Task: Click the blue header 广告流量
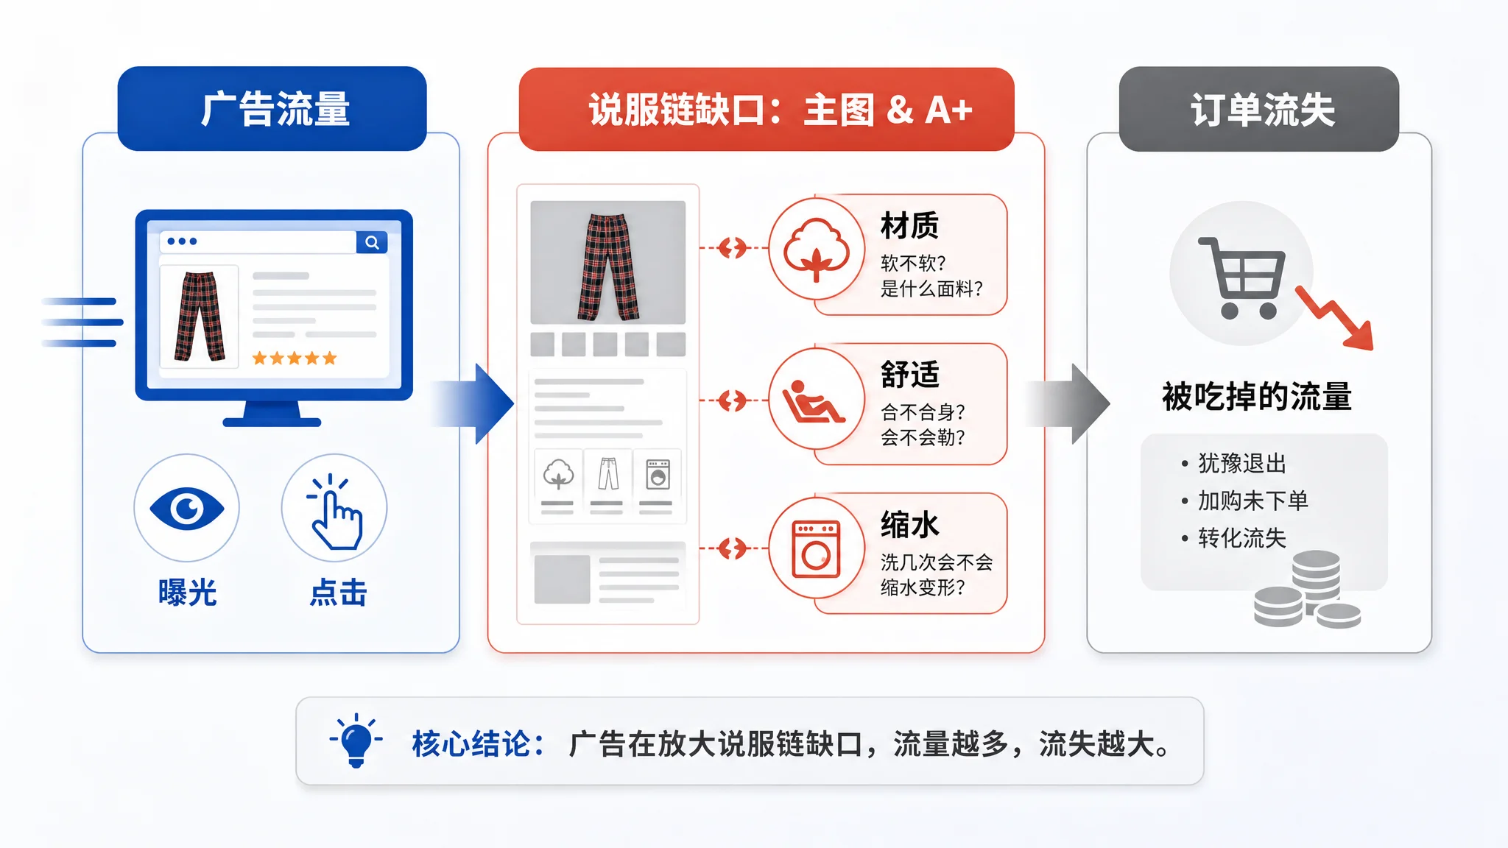pos(272,109)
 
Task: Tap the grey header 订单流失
pos(1259,109)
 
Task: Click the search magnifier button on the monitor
pos(372,242)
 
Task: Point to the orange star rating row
pos(295,358)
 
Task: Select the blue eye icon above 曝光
pos(187,508)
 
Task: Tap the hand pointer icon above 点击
pos(336,512)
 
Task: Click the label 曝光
pos(187,593)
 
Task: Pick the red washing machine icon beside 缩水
pos(816,549)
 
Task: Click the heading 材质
pos(910,225)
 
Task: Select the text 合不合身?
pos(923,411)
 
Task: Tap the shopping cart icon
pos(1242,278)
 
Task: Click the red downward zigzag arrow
pos(1334,317)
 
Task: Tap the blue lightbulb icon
pos(356,740)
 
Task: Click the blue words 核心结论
pos(471,743)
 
